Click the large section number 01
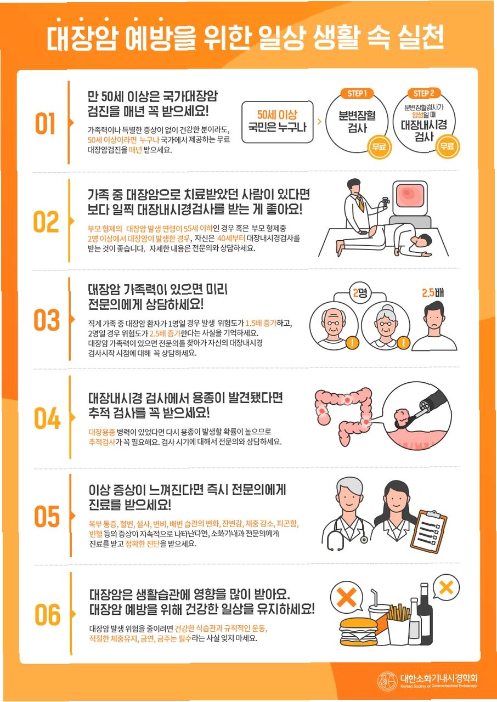[x=45, y=123]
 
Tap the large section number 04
[x=47, y=418]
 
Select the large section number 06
[x=47, y=615]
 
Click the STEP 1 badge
[x=357, y=93]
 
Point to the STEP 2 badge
[x=424, y=93]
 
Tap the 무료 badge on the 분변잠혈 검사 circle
[x=379, y=146]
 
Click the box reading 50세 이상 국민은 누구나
[x=278, y=122]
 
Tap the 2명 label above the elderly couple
[x=360, y=293]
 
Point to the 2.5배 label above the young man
[x=433, y=293]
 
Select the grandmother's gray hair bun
[x=387, y=309]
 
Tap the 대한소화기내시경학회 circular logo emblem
[x=387, y=681]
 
